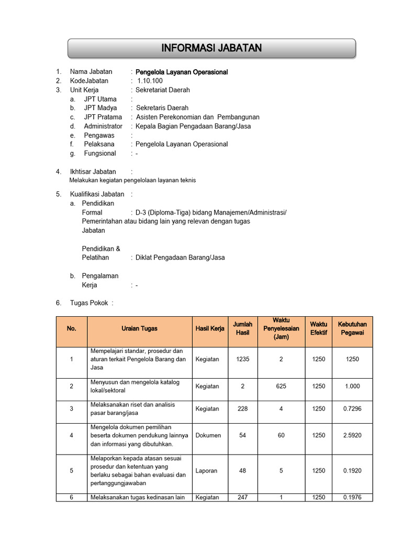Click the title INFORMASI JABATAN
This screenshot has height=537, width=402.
(x=211, y=49)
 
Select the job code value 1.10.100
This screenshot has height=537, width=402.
(x=150, y=81)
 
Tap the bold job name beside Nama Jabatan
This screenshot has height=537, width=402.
(x=182, y=72)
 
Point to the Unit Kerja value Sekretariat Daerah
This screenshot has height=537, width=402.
(x=163, y=90)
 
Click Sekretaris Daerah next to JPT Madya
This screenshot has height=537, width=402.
(x=162, y=108)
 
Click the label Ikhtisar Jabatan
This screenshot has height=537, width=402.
(x=93, y=171)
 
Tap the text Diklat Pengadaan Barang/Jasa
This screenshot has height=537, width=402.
(x=180, y=257)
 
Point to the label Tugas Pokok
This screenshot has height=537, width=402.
(x=90, y=303)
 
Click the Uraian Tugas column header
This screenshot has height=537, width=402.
(x=139, y=329)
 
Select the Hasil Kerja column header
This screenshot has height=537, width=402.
(x=210, y=329)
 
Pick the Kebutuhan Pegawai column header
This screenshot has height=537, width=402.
(x=352, y=328)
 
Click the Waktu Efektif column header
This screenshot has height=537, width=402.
(x=318, y=328)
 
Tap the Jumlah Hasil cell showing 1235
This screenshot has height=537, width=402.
(x=242, y=359)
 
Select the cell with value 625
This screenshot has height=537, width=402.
(x=281, y=386)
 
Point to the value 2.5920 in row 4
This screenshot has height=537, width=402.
(x=352, y=435)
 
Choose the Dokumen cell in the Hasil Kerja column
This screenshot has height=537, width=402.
(x=208, y=435)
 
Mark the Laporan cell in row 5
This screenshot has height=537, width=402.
(x=207, y=471)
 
